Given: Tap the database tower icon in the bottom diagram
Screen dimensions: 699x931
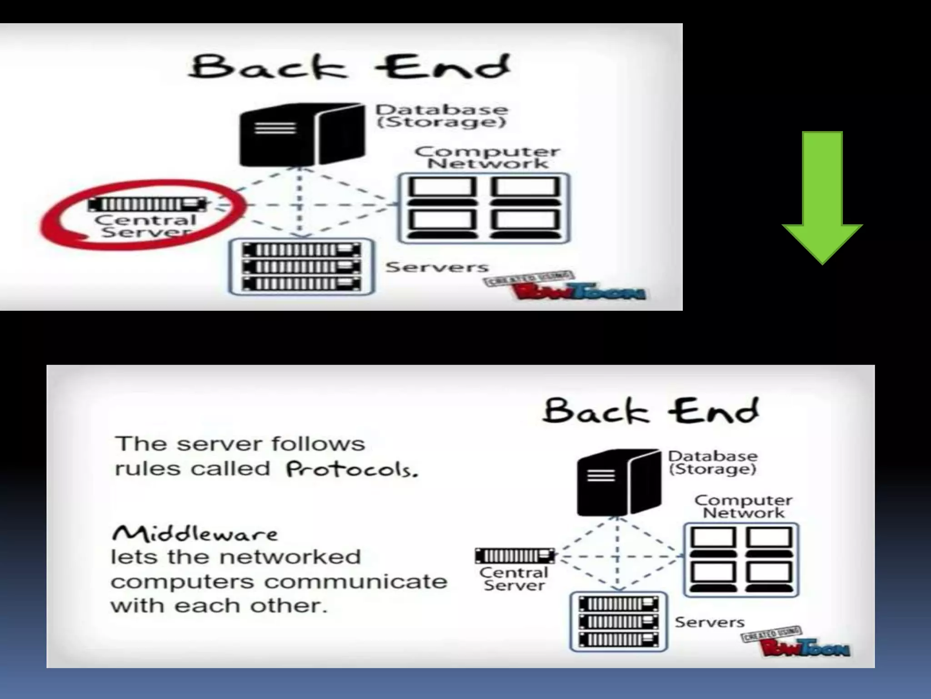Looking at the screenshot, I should (x=619, y=482).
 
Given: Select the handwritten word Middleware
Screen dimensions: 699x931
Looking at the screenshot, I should (x=195, y=533).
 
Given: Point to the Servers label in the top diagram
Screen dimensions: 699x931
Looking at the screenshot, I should (x=437, y=267).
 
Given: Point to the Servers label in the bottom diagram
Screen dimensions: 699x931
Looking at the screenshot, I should (x=709, y=622).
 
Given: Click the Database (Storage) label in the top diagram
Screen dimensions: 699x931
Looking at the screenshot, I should (x=441, y=116).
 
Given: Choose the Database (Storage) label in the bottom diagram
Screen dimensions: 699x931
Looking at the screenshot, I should (x=712, y=462).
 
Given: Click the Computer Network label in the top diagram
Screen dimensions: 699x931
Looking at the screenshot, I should (x=487, y=157).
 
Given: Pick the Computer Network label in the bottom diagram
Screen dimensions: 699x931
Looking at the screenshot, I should (x=743, y=506).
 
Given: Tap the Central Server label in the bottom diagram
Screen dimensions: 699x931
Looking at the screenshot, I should (x=514, y=578).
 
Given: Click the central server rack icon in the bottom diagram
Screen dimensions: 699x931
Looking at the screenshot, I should (x=515, y=556).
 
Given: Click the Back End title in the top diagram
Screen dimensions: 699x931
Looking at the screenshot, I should (x=349, y=67).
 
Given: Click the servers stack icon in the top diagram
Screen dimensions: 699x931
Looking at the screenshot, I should (x=301, y=267).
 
